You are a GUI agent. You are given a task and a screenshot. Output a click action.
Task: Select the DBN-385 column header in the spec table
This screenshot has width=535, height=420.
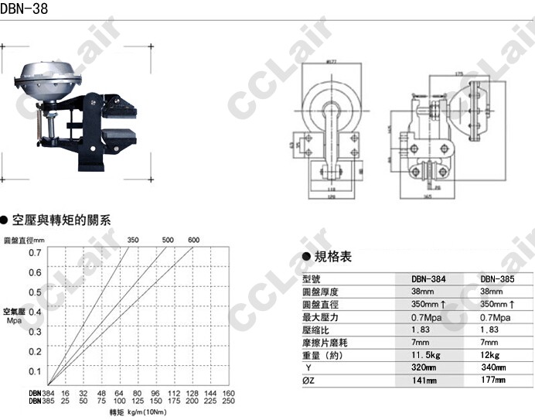click(x=496, y=279)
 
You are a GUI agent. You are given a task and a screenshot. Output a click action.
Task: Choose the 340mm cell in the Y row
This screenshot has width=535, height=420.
click(x=493, y=367)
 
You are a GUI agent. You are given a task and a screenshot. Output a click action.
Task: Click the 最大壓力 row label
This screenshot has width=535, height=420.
click(x=320, y=317)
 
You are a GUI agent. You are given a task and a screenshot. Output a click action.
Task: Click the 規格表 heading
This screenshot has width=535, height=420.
click(x=335, y=257)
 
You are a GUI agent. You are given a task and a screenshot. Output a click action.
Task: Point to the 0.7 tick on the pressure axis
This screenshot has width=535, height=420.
click(x=36, y=252)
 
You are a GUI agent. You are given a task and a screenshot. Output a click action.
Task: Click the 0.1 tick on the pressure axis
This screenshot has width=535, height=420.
click(x=36, y=371)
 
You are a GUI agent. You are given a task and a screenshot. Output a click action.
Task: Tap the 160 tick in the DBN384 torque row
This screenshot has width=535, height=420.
click(x=228, y=392)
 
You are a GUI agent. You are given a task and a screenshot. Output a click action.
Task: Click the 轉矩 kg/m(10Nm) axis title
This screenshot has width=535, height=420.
click(x=136, y=411)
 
